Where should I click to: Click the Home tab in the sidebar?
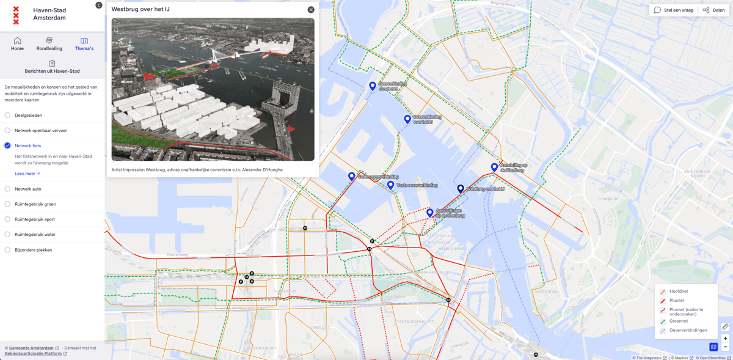[x=17, y=44]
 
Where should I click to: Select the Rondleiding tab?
[x=49, y=44]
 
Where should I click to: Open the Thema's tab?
[x=84, y=44]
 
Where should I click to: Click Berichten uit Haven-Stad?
[x=52, y=67]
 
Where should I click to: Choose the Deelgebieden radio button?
[x=7, y=115]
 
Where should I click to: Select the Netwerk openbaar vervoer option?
[x=7, y=130]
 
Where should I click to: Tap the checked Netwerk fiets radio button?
[x=7, y=145]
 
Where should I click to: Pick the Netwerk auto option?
[x=7, y=189]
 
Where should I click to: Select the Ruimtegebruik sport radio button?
[x=7, y=219]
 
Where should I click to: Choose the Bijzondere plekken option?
[x=7, y=249]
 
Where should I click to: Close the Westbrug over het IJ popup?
[x=311, y=10]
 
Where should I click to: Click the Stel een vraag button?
[x=674, y=10]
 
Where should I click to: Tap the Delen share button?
[x=713, y=10]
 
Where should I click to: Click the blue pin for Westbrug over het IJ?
[x=461, y=189]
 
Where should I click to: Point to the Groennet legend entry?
[x=678, y=321]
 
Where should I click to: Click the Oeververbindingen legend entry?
[x=688, y=330]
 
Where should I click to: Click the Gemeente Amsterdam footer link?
[x=31, y=348]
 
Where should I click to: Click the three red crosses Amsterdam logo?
[x=16, y=15]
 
